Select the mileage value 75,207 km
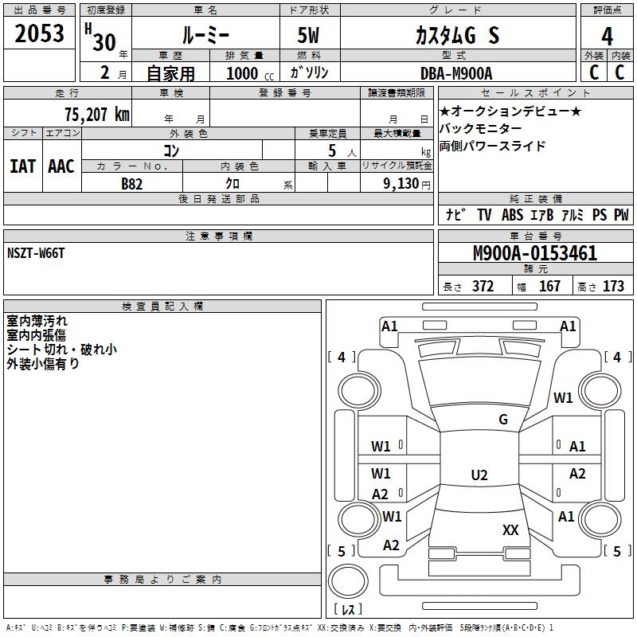tap(96, 115)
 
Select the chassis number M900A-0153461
tap(534, 254)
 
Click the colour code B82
tap(132, 183)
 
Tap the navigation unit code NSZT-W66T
tap(36, 253)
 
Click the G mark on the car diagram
tap(502, 420)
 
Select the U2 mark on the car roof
tap(479, 475)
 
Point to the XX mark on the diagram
tap(510, 530)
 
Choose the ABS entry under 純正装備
tap(512, 215)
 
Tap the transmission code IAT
tap(23, 166)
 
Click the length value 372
tap(483, 286)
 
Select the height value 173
tap(613, 286)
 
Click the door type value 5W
tap(310, 36)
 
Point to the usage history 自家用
tap(170, 73)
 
